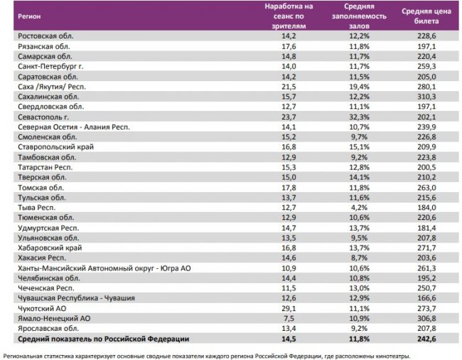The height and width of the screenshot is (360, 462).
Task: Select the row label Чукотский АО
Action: (42, 309)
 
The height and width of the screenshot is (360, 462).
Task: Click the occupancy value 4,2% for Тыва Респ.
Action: (359, 207)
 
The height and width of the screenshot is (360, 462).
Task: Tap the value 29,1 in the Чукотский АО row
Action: (288, 309)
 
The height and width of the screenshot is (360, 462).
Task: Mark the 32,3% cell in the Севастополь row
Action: (359, 117)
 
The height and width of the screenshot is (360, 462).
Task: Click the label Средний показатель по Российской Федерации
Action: (103, 339)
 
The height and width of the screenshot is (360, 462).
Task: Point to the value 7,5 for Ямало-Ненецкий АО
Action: (288, 319)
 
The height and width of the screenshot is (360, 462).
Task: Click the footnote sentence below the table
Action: (206, 354)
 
